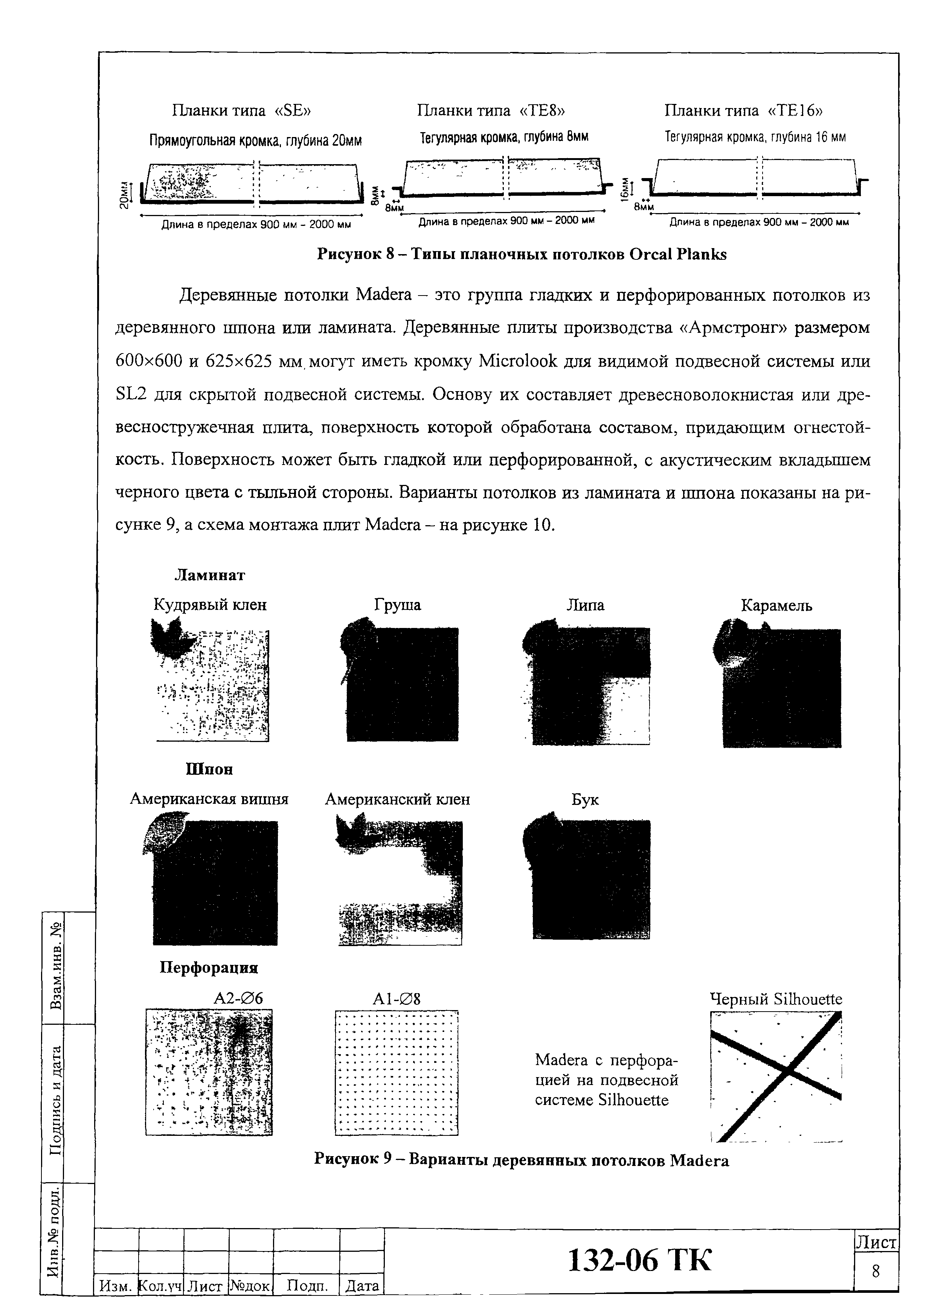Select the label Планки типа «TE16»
pyautogui.click(x=743, y=110)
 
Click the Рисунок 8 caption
pyautogui.click(x=522, y=254)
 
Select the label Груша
pyautogui.click(x=397, y=605)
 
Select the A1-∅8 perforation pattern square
pyautogui.click(x=397, y=1073)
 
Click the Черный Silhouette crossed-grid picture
pyautogui.click(x=775, y=1076)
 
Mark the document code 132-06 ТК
pyautogui.click(x=639, y=1261)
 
